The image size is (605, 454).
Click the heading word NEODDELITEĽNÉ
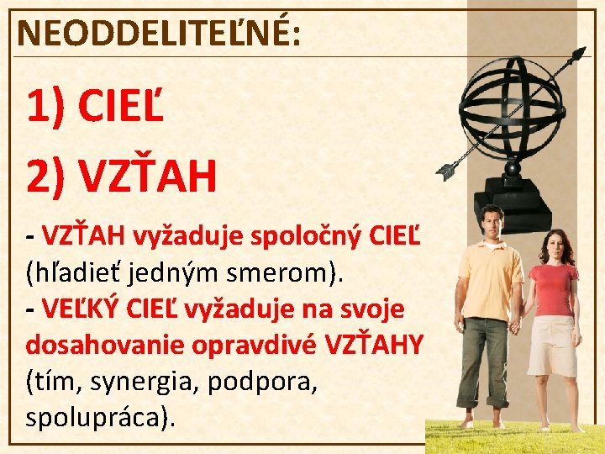tap(155, 33)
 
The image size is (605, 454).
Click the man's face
tap(492, 224)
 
